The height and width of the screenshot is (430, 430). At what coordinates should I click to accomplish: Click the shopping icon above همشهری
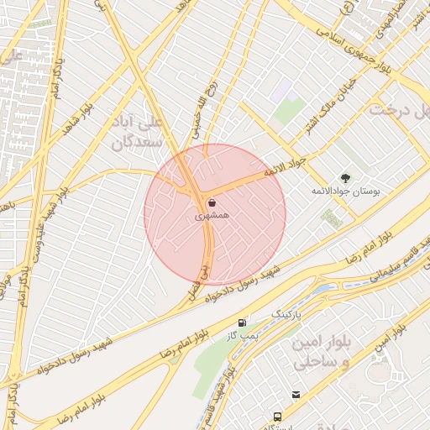click(211, 202)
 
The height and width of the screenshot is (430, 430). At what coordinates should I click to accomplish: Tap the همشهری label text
click(212, 216)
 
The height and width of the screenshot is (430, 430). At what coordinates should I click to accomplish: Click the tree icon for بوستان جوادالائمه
click(345, 177)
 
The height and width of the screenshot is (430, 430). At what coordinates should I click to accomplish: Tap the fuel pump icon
click(242, 322)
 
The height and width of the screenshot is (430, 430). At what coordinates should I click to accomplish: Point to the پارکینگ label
click(285, 313)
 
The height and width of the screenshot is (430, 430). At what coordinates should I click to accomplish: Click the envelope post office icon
click(296, 394)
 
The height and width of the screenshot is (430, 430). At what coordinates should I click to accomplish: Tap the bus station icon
click(277, 416)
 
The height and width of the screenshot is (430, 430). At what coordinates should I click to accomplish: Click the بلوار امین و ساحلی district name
click(318, 352)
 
